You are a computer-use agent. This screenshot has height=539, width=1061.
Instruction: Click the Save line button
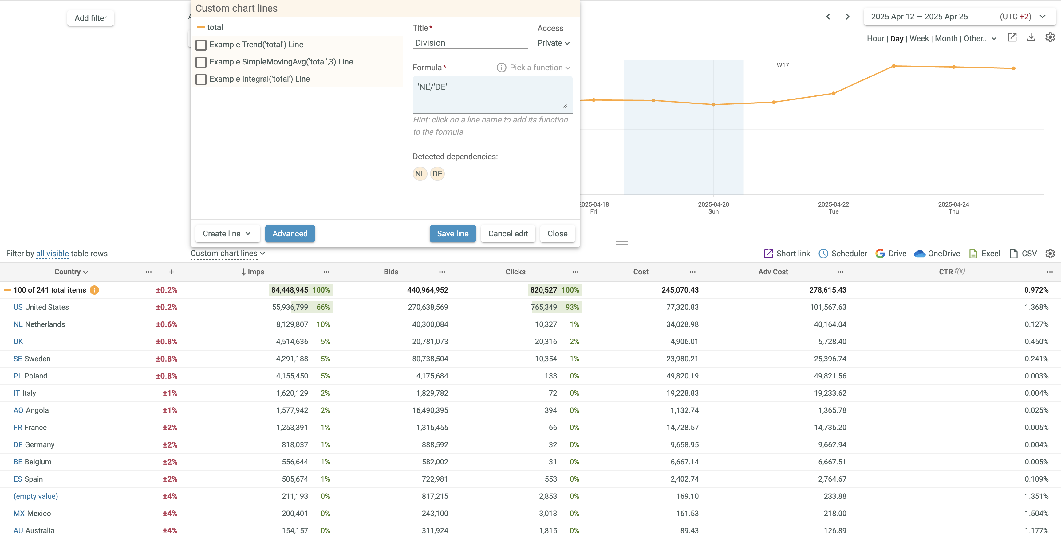tap(452, 233)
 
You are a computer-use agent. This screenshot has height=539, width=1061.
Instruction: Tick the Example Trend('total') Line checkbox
tap(201, 45)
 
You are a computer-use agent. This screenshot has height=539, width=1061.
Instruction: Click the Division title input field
tap(470, 43)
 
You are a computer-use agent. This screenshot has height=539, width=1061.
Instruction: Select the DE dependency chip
tap(437, 174)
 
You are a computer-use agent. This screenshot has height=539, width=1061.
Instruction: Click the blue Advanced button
tap(290, 233)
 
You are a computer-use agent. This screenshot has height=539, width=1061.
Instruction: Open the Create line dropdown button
tap(227, 233)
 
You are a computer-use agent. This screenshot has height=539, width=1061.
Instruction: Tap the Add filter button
tap(90, 18)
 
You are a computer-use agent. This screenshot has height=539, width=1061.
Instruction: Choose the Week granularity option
tap(919, 39)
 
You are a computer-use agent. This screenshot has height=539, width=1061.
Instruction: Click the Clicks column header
tap(515, 272)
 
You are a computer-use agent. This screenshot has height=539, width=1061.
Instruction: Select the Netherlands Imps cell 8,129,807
tap(292, 324)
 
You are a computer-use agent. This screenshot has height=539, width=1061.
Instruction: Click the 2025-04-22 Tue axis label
tap(833, 208)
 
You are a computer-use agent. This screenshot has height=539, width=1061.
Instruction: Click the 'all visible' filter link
tap(52, 254)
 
